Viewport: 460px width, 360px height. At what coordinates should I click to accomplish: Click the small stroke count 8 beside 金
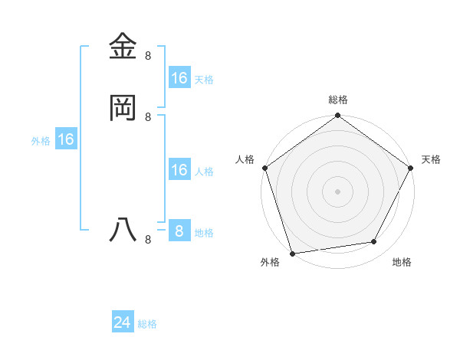148,56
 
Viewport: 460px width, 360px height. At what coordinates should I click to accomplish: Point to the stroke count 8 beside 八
148,240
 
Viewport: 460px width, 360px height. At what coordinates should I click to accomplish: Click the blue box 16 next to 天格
179,78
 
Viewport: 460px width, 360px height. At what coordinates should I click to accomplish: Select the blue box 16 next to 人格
179,170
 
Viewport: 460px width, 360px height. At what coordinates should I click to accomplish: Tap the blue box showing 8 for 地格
179,231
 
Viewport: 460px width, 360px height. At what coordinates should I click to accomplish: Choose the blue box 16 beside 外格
66,139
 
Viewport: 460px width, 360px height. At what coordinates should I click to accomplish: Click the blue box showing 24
123,323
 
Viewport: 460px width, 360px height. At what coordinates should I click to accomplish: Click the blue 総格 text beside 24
147,325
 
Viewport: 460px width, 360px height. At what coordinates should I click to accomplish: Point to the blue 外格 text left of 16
41,141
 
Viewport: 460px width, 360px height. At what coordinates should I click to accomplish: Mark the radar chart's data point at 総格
337,116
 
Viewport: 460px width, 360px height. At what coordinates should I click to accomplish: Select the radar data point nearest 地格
374,242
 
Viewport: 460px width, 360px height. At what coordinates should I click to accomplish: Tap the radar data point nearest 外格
292,253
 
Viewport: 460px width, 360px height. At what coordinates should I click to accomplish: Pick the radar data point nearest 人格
265,169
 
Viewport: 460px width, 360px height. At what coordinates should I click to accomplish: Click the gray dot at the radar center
337,191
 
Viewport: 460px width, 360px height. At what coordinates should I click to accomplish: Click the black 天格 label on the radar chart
431,159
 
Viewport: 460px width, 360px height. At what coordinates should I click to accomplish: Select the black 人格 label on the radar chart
245,159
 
